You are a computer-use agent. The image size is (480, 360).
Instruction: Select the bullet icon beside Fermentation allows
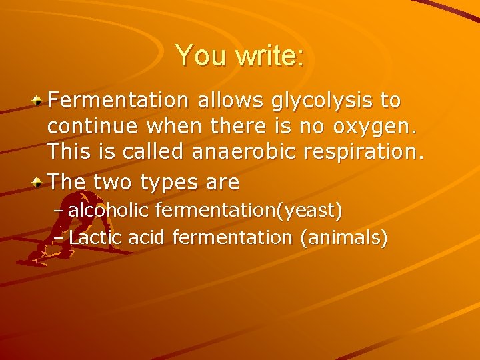click(39, 101)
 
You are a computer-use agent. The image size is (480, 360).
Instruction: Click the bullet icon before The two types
click(39, 182)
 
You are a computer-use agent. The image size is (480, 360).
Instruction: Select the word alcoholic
click(109, 211)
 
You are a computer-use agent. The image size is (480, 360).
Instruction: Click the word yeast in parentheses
click(313, 211)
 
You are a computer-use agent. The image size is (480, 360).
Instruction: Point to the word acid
click(148, 237)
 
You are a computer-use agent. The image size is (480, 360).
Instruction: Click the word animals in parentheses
click(343, 237)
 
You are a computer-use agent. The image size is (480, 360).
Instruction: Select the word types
click(161, 182)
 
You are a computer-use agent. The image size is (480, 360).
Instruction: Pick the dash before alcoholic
click(59, 211)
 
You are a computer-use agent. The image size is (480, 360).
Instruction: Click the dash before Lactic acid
click(59, 238)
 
